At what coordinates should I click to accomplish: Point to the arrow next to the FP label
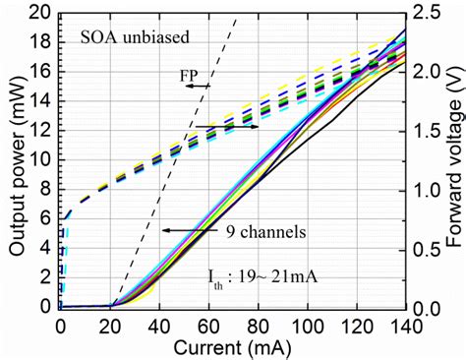tap(197, 87)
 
